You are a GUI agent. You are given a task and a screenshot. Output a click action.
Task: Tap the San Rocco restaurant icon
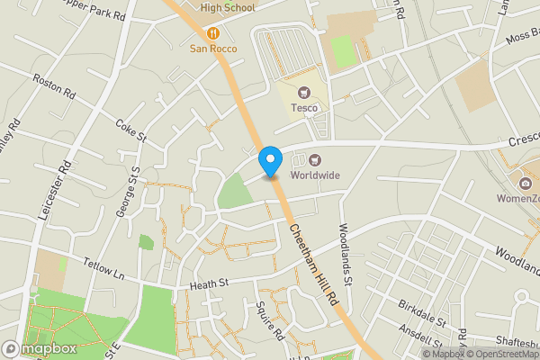pos(213,33)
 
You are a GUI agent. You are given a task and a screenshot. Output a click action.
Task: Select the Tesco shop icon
pos(303,92)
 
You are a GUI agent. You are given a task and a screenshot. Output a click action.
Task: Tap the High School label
pos(228,8)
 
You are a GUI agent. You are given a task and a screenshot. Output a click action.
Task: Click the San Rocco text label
pos(213,49)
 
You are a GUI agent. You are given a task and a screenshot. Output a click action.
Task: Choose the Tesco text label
pos(304,108)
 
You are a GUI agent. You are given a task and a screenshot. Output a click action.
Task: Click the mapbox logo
pos(40,348)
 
